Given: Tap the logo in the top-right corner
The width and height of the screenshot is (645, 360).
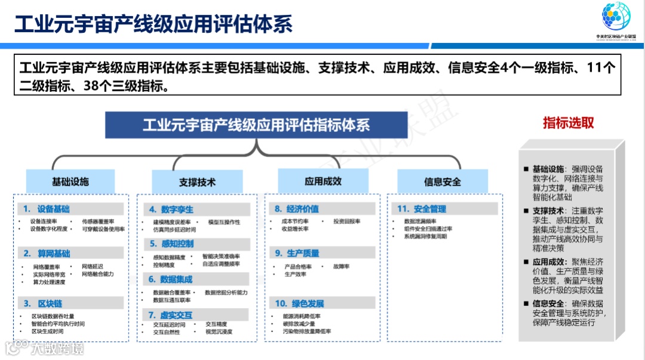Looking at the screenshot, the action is [615, 19].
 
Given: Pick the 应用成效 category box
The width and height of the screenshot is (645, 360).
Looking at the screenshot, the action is [323, 181].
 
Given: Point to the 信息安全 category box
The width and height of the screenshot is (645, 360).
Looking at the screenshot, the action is [443, 181].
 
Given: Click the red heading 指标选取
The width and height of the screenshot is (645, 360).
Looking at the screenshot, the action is [568, 123].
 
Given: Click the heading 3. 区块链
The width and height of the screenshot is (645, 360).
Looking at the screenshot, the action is [43, 303].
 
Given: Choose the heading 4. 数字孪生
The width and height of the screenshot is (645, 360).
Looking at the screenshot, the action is [171, 210].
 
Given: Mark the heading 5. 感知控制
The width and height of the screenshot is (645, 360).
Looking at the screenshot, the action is [171, 244].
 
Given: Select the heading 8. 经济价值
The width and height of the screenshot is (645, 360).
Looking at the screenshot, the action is [297, 209].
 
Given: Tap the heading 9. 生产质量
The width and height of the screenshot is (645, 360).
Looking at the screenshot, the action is [297, 253].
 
